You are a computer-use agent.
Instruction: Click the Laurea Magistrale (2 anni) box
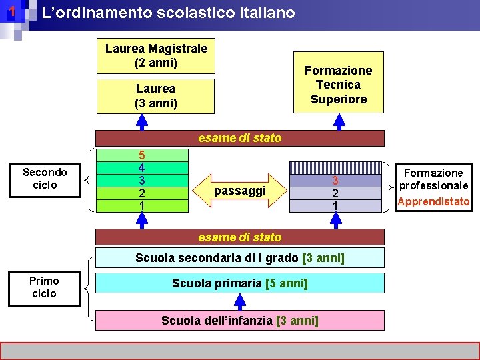156,56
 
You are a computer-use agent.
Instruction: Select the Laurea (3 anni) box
156,96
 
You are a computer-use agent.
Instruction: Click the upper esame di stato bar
240,138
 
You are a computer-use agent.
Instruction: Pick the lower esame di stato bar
240,237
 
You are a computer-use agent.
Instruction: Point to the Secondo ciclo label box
45,179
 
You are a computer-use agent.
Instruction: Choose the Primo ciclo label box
45,287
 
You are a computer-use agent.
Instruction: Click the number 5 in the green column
141,155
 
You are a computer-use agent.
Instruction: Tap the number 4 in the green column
141,168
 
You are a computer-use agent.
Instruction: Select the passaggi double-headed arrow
240,191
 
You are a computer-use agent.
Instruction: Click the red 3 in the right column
335,181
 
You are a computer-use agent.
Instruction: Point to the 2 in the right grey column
335,193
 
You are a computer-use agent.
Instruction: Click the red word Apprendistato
434,201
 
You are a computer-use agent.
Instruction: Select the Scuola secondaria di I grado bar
240,258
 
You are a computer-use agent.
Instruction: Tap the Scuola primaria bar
240,283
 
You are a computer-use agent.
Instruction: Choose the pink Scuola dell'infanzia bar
240,321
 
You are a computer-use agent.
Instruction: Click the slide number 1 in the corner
11,12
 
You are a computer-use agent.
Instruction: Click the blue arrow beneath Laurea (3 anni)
141,121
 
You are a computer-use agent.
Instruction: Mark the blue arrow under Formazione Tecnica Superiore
339,121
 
